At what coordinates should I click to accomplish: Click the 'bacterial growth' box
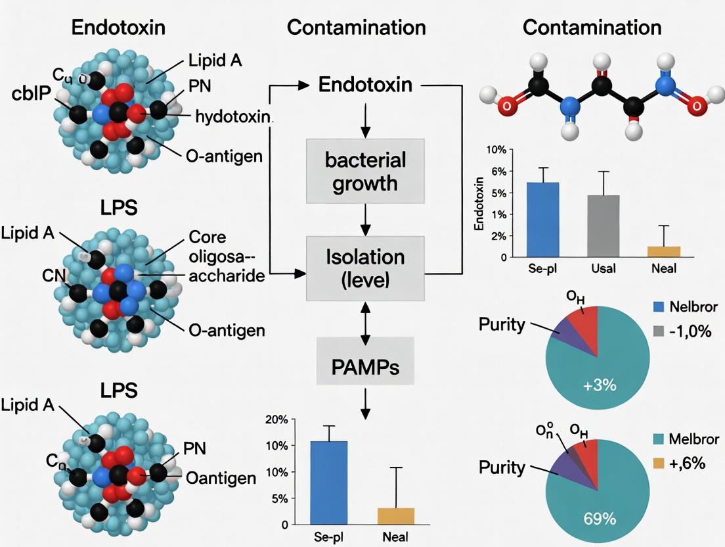[357, 170]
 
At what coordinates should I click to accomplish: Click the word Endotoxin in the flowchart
[365, 85]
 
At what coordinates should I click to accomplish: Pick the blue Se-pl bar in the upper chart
[543, 220]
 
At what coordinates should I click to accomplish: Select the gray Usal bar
[603, 226]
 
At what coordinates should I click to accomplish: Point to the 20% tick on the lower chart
[275, 419]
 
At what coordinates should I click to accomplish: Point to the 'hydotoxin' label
[233, 117]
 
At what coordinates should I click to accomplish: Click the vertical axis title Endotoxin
[478, 203]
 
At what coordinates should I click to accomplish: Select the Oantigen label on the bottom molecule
[221, 477]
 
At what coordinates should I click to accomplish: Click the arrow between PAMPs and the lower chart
[366, 401]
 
